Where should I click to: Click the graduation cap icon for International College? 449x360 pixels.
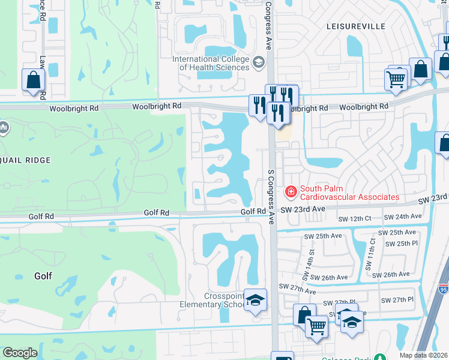pyautogui.click(x=259, y=62)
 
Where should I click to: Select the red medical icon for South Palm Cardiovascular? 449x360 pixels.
pyautogui.click(x=291, y=191)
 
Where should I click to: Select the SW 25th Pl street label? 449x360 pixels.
pyautogui.click(x=402, y=243)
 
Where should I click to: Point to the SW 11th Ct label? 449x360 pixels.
pyautogui.click(x=372, y=253)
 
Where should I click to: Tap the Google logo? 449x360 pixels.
pyautogui.click(x=20, y=353)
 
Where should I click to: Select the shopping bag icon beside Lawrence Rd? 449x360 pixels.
pyautogui.click(x=33, y=80)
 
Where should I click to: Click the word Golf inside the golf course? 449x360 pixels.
pyautogui.click(x=43, y=276)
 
